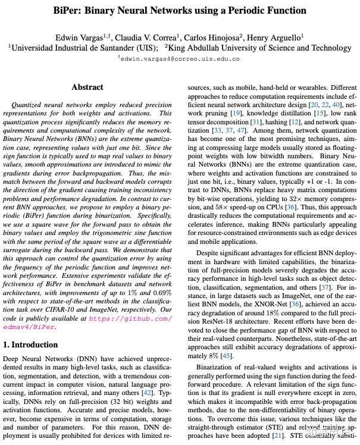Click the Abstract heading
[x=87, y=87]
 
